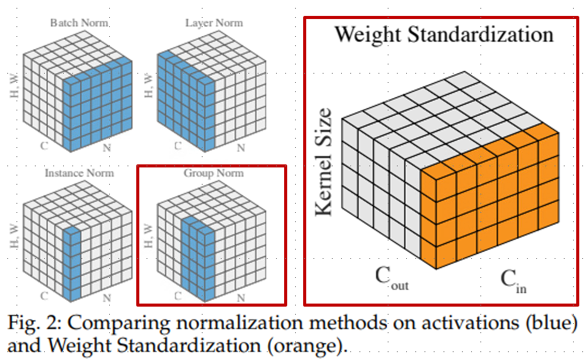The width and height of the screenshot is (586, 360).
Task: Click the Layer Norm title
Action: tap(214, 23)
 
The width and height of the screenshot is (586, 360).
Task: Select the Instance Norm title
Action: tap(79, 173)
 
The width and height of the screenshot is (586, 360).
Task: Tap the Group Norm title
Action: tap(214, 173)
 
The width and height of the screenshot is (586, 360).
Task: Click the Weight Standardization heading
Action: tap(443, 34)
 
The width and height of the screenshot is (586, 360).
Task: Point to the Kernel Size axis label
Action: tap(323, 162)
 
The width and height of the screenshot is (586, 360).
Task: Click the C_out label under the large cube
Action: tap(391, 279)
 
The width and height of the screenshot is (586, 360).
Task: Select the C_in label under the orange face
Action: tap(513, 280)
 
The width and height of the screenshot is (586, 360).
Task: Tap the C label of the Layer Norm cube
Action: tap(178, 146)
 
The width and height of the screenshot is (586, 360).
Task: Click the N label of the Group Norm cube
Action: tap(240, 297)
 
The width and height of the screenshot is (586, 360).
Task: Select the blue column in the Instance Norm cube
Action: tap(72, 264)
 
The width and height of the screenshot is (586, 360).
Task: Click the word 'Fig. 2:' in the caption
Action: tap(34, 323)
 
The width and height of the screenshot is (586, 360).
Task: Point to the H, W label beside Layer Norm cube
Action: tap(147, 86)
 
